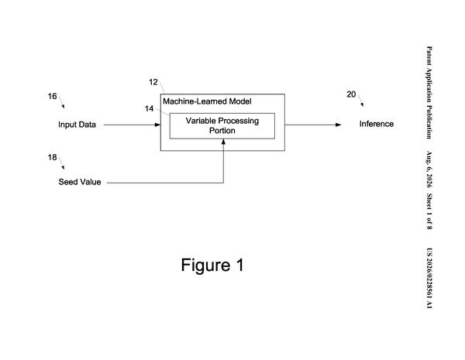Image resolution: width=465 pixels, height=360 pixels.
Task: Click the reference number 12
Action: pos(153,82)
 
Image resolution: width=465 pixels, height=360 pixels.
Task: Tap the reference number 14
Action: pos(149,108)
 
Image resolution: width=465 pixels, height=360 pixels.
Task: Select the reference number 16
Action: pos(52,96)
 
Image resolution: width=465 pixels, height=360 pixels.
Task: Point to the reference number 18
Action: pos(52,157)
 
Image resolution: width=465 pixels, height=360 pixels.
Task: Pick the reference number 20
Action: pos(351,94)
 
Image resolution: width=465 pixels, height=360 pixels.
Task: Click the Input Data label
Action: pos(77,125)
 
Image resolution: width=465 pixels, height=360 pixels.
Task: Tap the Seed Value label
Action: pos(80,182)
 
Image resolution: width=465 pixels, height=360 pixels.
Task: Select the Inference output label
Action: pos(377,124)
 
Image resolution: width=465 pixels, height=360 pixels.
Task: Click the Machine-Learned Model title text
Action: pos(207,101)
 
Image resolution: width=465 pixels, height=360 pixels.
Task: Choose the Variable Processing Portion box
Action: pos(222,126)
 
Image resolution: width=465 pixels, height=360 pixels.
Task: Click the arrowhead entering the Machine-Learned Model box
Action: pos(158,125)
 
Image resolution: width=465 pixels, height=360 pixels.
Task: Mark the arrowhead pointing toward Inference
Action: pos(339,125)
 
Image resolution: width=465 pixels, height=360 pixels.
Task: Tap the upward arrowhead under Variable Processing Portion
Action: pos(223,142)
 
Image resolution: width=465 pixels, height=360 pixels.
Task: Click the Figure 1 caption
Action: pos(212,265)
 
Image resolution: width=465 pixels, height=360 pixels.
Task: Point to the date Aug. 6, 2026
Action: pos(429,170)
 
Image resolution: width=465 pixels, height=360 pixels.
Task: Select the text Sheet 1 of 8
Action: pos(429,211)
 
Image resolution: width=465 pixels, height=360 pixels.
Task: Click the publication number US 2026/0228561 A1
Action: pos(429,278)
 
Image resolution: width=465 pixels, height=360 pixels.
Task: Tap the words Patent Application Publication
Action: pos(429,92)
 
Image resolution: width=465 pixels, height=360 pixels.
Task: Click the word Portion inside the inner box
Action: pos(222,131)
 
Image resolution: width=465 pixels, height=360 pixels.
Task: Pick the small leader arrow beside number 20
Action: pos(360,100)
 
